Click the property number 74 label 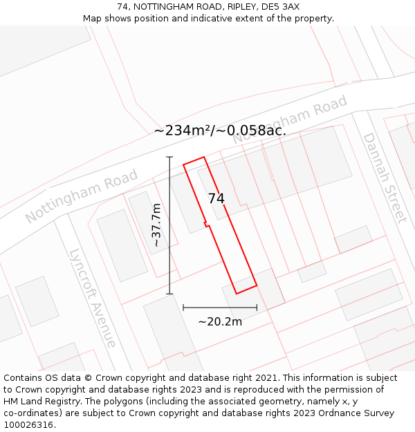click(216, 198)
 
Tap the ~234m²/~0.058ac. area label click(219, 130)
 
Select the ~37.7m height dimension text click(157, 225)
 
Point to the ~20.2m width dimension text click(220, 321)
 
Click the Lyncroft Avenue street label click(93, 298)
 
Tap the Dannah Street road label click(384, 178)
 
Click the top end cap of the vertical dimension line click(169, 157)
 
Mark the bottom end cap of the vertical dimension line click(169, 294)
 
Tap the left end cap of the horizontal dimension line click(183, 308)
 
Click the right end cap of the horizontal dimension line click(257, 308)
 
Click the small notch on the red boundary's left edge click(205, 223)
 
